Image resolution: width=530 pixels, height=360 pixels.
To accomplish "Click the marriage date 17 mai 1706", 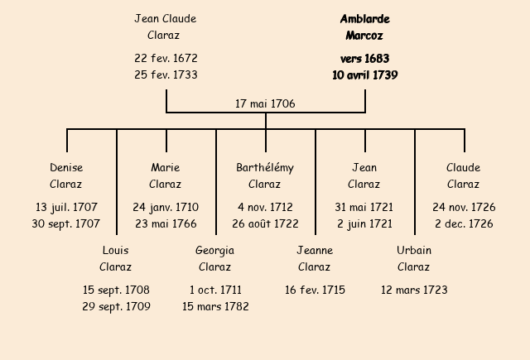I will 265,104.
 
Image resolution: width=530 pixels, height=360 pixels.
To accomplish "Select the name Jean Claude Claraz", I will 165,27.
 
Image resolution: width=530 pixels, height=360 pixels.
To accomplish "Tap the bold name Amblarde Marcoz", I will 364,27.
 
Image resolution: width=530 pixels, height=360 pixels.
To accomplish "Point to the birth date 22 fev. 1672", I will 166,59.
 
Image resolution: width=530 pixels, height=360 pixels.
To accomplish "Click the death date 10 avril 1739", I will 364,75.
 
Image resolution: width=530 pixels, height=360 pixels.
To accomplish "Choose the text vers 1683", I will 364,59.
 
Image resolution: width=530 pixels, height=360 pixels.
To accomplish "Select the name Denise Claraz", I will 66,175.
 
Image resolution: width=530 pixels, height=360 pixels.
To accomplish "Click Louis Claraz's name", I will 115,258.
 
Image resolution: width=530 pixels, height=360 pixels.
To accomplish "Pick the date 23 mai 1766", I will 166,223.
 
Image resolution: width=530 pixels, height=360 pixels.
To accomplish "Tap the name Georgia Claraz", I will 214,258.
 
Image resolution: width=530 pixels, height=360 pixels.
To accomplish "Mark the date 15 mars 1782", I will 215,306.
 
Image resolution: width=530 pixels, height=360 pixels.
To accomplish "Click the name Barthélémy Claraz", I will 265,175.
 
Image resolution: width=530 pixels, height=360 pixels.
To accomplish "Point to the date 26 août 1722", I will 265,223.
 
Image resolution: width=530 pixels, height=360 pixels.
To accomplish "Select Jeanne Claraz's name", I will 314,258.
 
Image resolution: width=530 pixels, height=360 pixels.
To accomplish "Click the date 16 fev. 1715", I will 315,290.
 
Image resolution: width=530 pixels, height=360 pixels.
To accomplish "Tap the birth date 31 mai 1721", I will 364,207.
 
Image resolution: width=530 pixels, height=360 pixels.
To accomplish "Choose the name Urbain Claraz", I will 413,258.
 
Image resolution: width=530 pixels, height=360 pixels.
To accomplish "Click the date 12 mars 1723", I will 414,290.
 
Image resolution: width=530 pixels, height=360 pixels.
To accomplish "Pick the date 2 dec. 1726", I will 464,223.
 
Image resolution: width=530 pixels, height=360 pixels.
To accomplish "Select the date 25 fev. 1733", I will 166,75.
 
